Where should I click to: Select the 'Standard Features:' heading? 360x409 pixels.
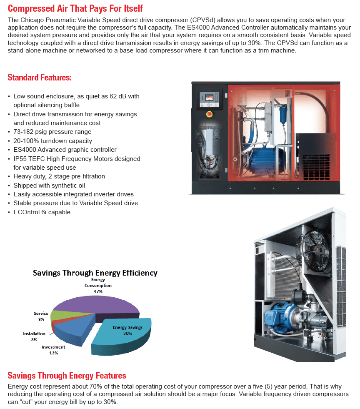click(40, 78)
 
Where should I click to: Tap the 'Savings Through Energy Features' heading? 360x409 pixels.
click(67, 376)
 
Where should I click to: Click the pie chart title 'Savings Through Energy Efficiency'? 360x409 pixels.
click(95, 273)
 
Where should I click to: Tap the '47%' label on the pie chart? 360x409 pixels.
click(98, 291)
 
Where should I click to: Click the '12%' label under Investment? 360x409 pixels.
click(53, 353)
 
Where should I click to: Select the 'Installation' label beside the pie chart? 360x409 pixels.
click(34, 334)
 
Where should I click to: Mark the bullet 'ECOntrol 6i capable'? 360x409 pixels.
click(42, 212)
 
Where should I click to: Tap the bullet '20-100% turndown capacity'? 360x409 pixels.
click(52, 141)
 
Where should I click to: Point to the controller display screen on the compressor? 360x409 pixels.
click(206, 95)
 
